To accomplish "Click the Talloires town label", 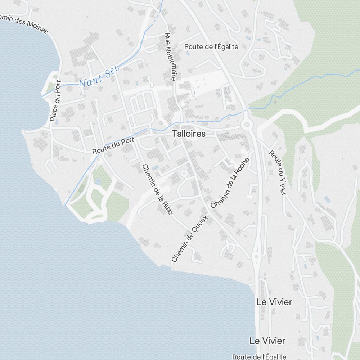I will click(189, 134).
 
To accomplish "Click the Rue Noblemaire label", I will click(170, 57).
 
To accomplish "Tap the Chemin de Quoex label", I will click(190, 239).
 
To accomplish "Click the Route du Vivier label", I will click(278, 172).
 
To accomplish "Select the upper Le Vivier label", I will click(274, 302).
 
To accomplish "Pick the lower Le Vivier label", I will click(267, 341).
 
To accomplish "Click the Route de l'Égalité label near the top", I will click(211, 46).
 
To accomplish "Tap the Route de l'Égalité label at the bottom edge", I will click(259, 356).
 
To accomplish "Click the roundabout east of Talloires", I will click(247, 125).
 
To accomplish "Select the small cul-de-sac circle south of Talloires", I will click(184, 174).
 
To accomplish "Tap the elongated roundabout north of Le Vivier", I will click(257, 256).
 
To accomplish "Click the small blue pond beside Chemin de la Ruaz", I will click(155, 168).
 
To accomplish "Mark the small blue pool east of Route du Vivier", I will click(327, 199).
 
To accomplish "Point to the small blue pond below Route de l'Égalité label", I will click(188, 54).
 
